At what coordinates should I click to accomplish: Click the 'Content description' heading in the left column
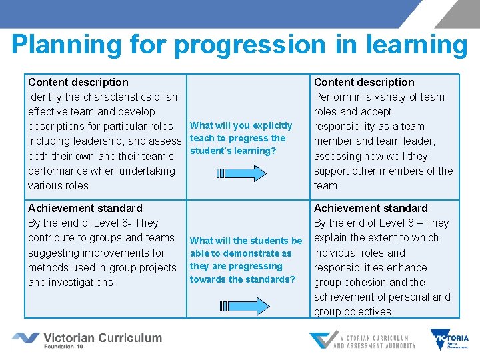click(x=78, y=82)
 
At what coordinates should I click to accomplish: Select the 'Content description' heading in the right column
click(x=364, y=82)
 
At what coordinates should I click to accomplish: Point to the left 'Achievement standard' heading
click(x=85, y=208)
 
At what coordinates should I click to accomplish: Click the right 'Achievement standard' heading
click(x=371, y=208)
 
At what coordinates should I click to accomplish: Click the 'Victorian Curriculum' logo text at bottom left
click(x=102, y=338)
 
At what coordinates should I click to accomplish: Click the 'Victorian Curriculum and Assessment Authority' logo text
click(x=374, y=341)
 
